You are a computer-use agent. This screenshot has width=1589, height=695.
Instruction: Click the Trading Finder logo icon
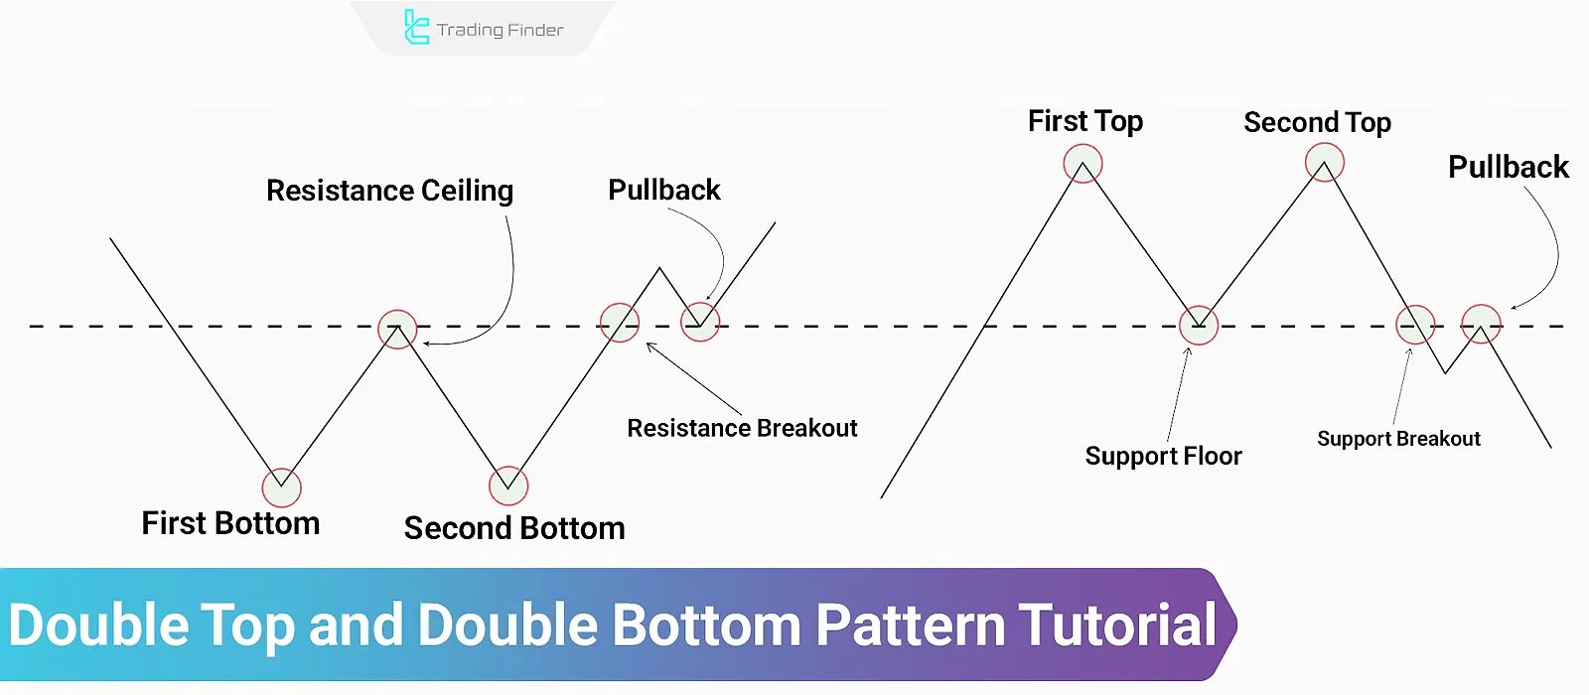click(x=416, y=27)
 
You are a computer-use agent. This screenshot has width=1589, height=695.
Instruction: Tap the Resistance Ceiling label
click(x=389, y=190)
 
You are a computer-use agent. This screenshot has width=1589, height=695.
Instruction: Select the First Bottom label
click(x=230, y=523)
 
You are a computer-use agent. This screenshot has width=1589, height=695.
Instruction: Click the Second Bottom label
click(x=514, y=528)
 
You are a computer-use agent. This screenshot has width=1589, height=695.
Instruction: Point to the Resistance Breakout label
click(x=742, y=428)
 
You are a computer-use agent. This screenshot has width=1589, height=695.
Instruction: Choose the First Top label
click(x=1085, y=121)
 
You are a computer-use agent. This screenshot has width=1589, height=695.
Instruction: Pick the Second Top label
click(x=1317, y=122)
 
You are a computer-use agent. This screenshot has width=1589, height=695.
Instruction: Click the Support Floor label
click(x=1163, y=456)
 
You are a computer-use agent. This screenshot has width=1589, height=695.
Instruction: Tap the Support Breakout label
click(x=1398, y=439)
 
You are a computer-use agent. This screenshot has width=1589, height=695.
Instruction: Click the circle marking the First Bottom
click(x=281, y=487)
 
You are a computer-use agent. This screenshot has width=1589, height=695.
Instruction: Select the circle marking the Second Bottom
click(x=508, y=486)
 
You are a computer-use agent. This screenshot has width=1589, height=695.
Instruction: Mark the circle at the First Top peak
click(x=1083, y=163)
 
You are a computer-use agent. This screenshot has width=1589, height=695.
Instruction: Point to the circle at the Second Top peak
click(x=1325, y=162)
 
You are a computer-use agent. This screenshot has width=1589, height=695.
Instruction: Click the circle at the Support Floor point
click(x=1199, y=325)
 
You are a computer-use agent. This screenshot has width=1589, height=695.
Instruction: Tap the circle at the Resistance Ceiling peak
click(x=397, y=329)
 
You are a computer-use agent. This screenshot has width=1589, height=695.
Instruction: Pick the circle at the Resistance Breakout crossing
click(x=620, y=323)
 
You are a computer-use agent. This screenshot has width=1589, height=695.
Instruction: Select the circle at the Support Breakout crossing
click(x=1415, y=325)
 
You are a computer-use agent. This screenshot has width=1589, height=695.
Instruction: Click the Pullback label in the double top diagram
click(x=1508, y=167)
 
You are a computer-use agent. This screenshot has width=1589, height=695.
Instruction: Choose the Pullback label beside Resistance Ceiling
click(x=663, y=190)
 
